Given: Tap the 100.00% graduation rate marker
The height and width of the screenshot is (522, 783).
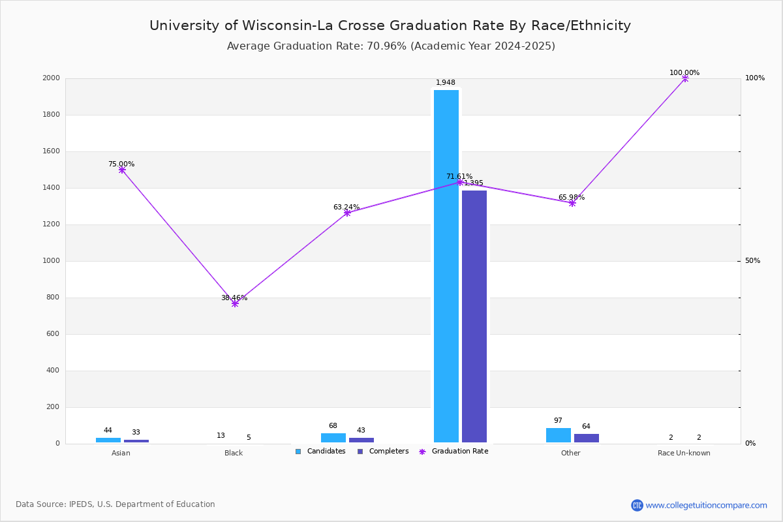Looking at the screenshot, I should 685,78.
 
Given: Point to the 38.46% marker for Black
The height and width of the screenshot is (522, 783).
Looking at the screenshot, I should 235,303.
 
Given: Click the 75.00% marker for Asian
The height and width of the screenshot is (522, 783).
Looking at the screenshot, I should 122,170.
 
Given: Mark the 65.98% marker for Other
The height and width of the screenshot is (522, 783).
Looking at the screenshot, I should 572,203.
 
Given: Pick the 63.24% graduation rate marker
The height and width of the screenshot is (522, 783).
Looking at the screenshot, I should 347,213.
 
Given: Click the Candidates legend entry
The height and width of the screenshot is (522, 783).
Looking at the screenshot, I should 320,452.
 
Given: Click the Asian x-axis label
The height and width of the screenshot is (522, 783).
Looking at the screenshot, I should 121,453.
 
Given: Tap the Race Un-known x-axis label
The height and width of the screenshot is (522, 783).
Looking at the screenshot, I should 684,453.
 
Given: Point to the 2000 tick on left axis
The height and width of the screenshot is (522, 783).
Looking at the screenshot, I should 52,78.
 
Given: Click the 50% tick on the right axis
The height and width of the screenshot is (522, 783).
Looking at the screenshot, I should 752,261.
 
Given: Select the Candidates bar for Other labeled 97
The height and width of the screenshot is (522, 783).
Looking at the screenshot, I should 559,435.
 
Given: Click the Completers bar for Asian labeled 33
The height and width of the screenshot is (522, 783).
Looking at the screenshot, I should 136,441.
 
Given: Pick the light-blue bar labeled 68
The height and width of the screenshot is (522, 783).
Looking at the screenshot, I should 333,438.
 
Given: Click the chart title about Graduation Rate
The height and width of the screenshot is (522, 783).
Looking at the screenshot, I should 390,25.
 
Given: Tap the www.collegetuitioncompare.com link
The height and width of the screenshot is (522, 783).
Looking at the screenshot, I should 706,505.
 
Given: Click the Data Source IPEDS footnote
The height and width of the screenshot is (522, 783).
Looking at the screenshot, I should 115,504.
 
